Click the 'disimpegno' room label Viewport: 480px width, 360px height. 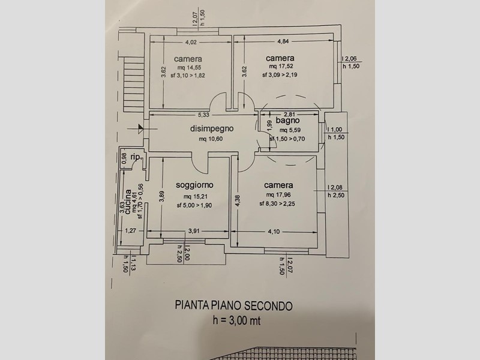(212, 128)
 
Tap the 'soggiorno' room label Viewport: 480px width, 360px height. (194, 185)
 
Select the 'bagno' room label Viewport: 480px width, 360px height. (287, 121)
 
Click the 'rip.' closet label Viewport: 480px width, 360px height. (136, 157)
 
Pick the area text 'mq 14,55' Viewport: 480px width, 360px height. (189, 68)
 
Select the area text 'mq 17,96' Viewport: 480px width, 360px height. (278, 194)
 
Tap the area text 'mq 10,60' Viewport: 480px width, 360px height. (211, 139)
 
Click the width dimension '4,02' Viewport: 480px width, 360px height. (191, 42)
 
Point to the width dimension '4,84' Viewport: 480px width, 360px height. (283, 41)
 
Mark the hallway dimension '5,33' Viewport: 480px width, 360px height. (203, 115)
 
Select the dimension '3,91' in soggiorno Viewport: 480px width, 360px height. (194, 231)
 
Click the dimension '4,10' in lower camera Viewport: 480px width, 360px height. (274, 232)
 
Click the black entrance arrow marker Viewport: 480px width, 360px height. (140, 128)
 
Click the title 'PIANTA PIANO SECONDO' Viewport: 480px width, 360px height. (233, 305)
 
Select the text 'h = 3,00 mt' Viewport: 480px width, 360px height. (236, 320)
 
